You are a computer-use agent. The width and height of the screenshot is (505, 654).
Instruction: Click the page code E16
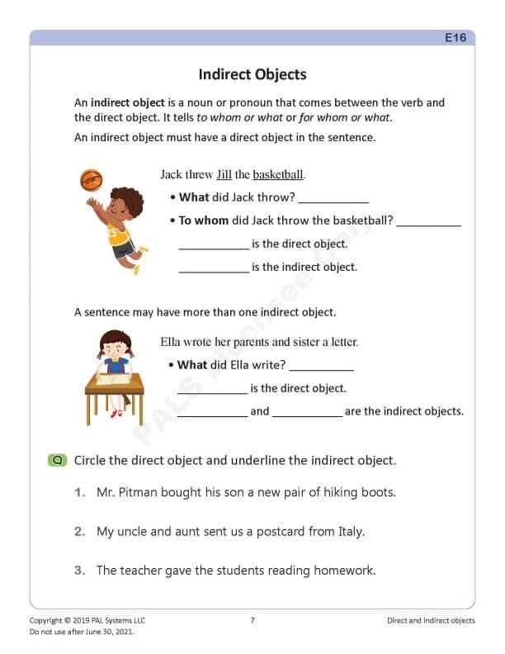tap(455, 38)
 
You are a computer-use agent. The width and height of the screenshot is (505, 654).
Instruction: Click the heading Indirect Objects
tap(252, 75)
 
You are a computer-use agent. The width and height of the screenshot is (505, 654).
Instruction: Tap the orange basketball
tap(89, 179)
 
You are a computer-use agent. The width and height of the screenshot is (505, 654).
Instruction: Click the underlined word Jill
tap(224, 175)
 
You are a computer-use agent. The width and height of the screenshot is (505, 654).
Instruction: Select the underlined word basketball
tap(278, 175)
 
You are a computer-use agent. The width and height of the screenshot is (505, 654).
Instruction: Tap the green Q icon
tap(57, 460)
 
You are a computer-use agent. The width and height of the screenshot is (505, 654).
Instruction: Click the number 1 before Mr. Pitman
tap(79, 492)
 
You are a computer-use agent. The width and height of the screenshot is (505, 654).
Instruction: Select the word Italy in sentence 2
tap(347, 532)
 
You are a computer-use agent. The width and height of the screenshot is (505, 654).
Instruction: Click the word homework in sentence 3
tap(347, 571)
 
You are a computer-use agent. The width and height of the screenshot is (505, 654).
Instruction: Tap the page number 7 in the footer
tap(252, 620)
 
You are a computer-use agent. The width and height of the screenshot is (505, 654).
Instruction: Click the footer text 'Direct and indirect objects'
tap(431, 620)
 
